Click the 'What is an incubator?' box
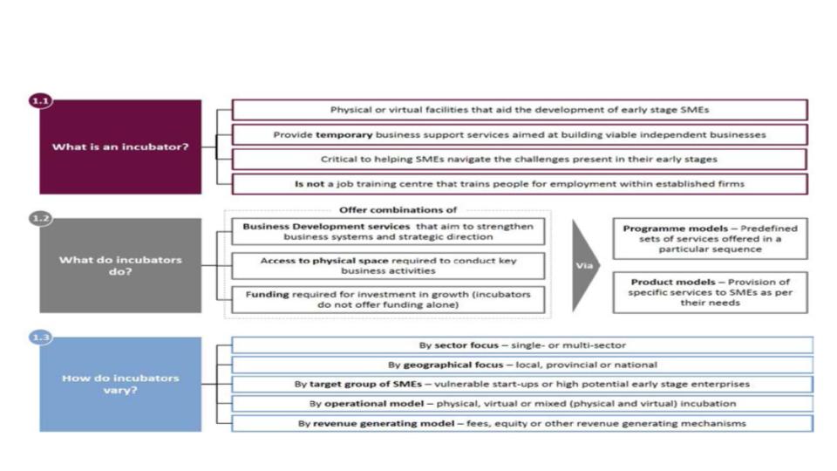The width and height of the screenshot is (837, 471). (x=120, y=147)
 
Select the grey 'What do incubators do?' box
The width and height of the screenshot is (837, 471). (x=120, y=265)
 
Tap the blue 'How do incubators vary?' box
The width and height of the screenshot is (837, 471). (x=120, y=384)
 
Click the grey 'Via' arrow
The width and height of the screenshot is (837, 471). (x=586, y=265)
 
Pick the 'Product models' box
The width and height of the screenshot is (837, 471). (x=710, y=292)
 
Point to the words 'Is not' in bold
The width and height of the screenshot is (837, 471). (x=310, y=184)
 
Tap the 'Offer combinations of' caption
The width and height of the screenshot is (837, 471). (x=397, y=209)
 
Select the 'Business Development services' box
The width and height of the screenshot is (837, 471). (x=388, y=231)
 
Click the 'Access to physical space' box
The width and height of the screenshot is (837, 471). (x=388, y=266)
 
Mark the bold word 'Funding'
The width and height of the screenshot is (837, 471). (x=266, y=295)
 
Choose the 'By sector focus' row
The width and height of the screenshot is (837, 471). (x=521, y=345)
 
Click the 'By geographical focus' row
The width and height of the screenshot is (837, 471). (x=521, y=365)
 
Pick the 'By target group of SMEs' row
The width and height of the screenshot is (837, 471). (x=521, y=384)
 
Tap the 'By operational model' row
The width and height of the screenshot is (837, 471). (x=521, y=404)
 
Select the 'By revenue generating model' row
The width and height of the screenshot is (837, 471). (x=521, y=423)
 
